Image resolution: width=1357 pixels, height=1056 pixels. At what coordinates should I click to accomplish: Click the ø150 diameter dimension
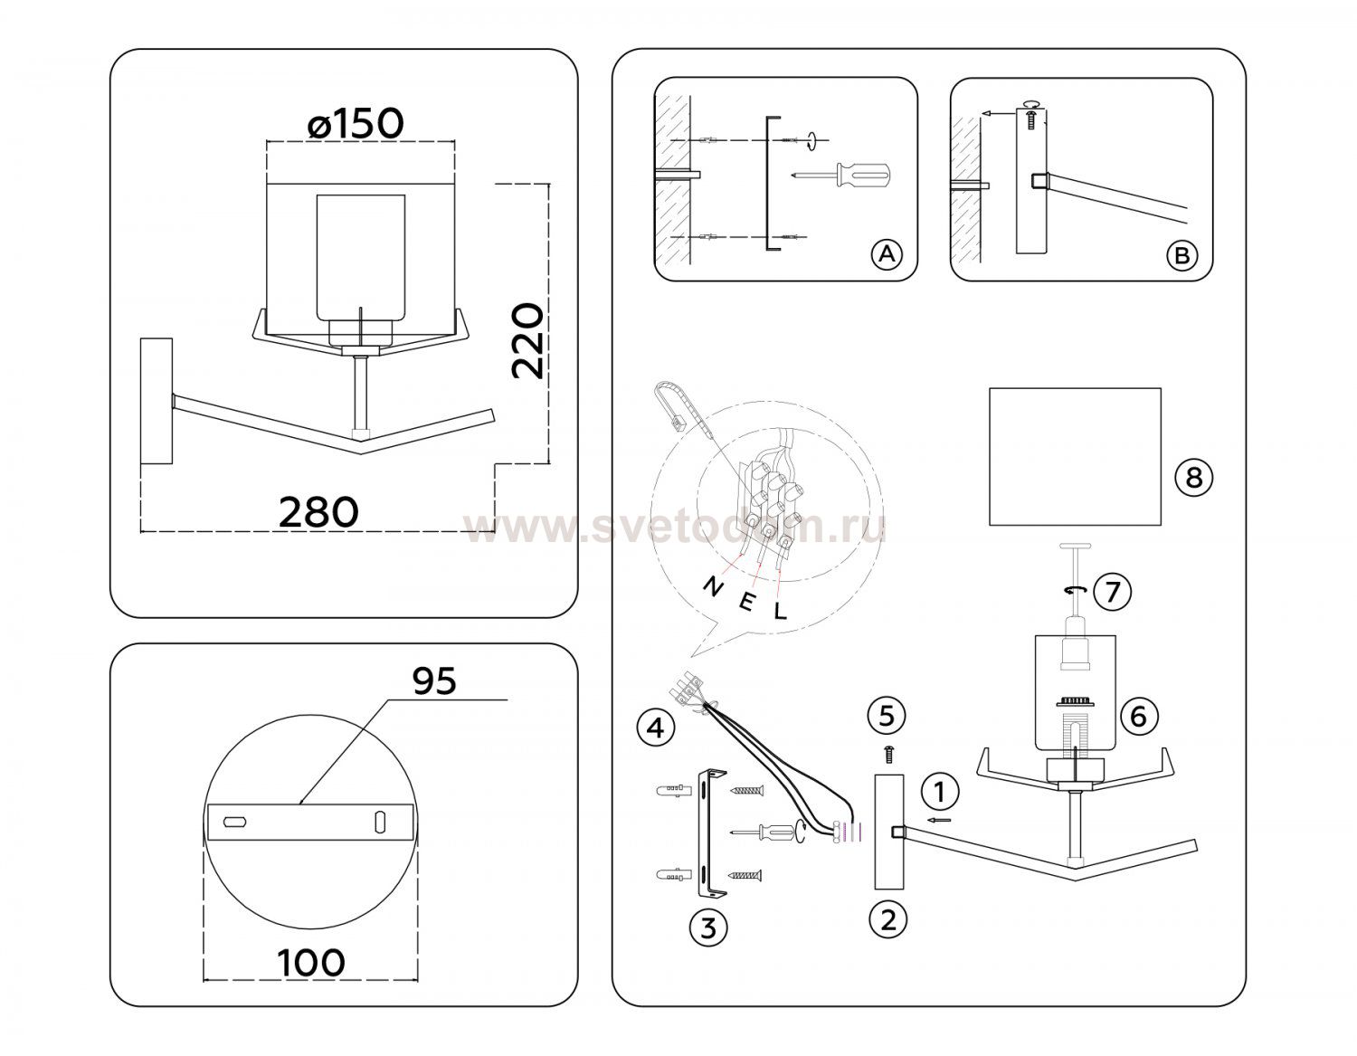click(356, 123)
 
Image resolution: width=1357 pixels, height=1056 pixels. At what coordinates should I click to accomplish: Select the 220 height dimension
click(527, 341)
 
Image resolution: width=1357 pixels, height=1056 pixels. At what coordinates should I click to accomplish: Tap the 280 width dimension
click(318, 512)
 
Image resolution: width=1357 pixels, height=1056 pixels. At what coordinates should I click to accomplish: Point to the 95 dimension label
click(434, 680)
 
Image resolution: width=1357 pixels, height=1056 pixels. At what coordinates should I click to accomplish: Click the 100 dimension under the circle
click(311, 962)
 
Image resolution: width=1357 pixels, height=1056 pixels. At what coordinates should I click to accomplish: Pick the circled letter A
click(887, 254)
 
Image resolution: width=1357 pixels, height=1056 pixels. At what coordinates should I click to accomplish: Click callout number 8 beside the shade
click(1193, 478)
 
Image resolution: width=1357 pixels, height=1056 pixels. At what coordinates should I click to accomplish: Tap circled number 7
click(1112, 591)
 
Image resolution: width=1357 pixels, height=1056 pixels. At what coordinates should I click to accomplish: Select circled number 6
click(1138, 716)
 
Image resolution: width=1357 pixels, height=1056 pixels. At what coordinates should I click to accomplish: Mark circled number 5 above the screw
click(887, 715)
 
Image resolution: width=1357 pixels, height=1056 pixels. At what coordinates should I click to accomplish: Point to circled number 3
click(708, 928)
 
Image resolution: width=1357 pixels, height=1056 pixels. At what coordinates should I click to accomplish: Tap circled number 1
click(940, 792)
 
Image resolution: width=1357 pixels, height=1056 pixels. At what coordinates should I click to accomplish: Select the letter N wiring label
click(713, 586)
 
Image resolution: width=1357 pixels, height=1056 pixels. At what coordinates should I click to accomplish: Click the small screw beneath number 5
click(888, 755)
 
